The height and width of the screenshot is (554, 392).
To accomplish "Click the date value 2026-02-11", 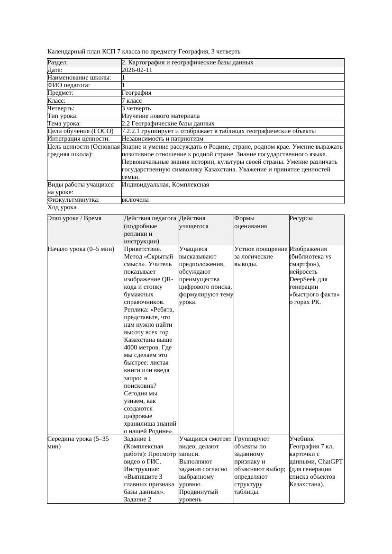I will (137, 70).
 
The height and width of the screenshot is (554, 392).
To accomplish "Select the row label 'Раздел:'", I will (58, 63).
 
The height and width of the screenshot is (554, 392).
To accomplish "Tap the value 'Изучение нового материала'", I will (161, 116).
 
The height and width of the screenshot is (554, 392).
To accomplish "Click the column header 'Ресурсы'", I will (301, 219).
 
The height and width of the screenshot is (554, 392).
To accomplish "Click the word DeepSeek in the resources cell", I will (302, 279).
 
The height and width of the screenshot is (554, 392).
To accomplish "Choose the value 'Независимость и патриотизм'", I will (163, 139).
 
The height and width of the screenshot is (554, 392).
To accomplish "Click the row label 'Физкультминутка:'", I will (73, 200).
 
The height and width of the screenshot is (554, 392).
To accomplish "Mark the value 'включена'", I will (135, 200).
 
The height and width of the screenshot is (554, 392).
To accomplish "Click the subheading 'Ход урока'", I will (62, 207).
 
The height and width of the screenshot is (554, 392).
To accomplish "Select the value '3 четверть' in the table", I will (136, 108).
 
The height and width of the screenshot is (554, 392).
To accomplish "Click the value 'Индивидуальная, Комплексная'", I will (165, 185).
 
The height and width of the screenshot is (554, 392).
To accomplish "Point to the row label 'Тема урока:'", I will (65, 124).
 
